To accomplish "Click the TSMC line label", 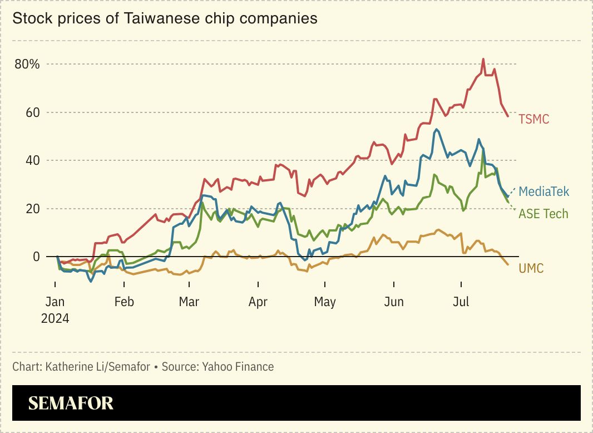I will (x=533, y=119).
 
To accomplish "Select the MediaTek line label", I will (x=544, y=192).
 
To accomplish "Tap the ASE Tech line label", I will (x=543, y=214).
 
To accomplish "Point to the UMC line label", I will (x=531, y=269).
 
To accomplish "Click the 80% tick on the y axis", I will (x=27, y=64).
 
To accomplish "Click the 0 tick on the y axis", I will (x=36, y=257).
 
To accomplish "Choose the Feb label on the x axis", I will (x=123, y=302).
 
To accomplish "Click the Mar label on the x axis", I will (x=189, y=302).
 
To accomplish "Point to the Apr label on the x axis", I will (x=258, y=302).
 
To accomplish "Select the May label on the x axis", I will (x=325, y=302).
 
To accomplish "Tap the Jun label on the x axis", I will (x=394, y=302).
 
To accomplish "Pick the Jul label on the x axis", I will (x=461, y=302).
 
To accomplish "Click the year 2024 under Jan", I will (x=55, y=318).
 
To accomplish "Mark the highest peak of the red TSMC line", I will (x=483, y=58).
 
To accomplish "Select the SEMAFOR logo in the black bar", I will (x=71, y=403).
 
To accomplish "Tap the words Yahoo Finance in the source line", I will (x=238, y=367).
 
